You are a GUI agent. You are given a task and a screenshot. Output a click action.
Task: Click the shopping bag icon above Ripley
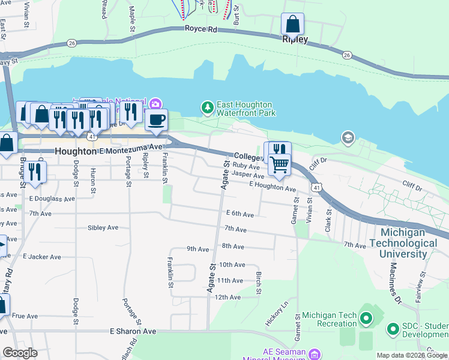pos(292,25)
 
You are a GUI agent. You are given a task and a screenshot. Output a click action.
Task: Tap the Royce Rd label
pos(200,29)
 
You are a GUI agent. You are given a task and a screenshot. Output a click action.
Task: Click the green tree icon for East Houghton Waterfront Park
pos(207,107)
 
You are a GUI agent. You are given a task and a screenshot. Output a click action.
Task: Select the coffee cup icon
pos(157,119)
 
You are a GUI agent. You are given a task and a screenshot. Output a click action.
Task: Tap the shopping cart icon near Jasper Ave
pos(279,164)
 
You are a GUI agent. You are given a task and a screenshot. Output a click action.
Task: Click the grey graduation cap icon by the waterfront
pos(348,139)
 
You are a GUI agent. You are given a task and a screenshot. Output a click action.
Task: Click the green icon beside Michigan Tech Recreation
pos(367,316)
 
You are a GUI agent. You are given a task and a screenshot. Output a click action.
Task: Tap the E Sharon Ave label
pos(133,331)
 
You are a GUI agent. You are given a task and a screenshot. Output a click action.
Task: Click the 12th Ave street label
pos(228,297)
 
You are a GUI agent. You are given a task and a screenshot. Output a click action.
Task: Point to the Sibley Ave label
pos(103,228)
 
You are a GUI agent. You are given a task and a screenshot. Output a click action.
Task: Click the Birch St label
pos(259,283)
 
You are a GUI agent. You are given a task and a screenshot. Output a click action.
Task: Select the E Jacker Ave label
pos(42,256)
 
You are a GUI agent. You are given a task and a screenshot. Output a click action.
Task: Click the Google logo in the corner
pos(20,353)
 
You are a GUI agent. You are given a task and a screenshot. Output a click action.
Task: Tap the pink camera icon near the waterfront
pos(155,104)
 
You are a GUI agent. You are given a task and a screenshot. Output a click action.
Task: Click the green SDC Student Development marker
pos(393,329)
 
